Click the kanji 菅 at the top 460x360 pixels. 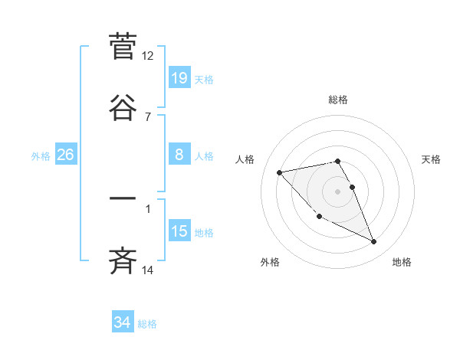pyautogui.click(x=123, y=45)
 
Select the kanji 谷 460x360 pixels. pyautogui.click(x=123, y=107)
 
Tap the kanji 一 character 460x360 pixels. pyautogui.click(x=123, y=199)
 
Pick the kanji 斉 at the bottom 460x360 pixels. pyautogui.click(x=123, y=261)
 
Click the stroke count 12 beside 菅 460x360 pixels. pyautogui.click(x=148, y=56)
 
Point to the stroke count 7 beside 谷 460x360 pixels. pyautogui.click(x=148, y=117)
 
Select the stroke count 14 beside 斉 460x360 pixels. pyautogui.click(x=148, y=270)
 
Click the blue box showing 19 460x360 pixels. pyautogui.click(x=179, y=78)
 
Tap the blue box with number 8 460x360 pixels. pyautogui.click(x=179, y=155)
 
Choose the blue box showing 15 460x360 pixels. pyautogui.click(x=179, y=231)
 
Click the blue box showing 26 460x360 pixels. pyautogui.click(x=66, y=155)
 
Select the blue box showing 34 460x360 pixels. pyautogui.click(x=123, y=322)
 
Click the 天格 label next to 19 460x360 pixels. pyautogui.click(x=204, y=79)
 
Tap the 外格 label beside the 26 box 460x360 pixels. pyautogui.click(x=41, y=155)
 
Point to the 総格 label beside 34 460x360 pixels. pyautogui.click(x=147, y=324)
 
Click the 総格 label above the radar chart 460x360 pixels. pyautogui.click(x=338, y=100)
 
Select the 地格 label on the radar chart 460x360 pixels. pyautogui.click(x=402, y=263)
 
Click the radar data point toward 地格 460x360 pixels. pyautogui.click(x=374, y=242)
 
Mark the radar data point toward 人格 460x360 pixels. pyautogui.click(x=279, y=172)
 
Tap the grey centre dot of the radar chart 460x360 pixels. pyautogui.click(x=338, y=191)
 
